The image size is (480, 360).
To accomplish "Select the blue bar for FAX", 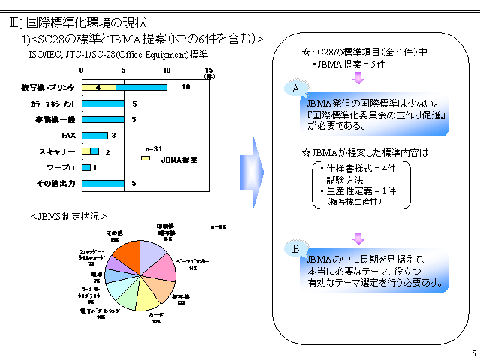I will click(x=94, y=136).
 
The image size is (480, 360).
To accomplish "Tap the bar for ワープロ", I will click(x=86, y=167).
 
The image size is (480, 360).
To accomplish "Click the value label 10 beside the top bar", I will click(x=185, y=88).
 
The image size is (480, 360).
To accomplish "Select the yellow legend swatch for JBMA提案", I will click(x=145, y=158).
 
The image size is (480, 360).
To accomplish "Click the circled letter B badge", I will click(x=295, y=247).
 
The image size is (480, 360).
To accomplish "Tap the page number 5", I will click(x=472, y=353).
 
